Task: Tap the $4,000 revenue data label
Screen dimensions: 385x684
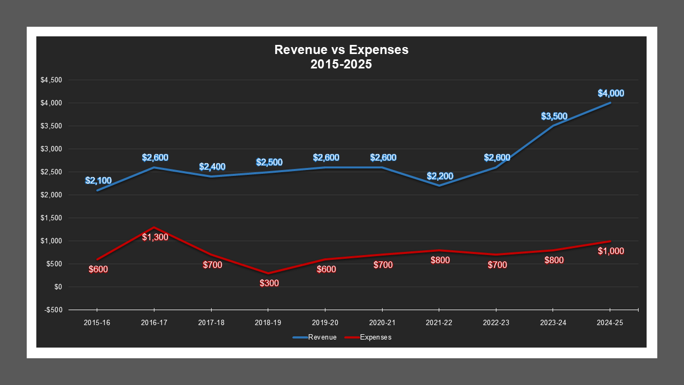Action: [611, 93]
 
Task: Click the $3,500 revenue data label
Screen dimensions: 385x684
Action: [554, 116]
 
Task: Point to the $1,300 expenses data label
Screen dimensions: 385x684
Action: [155, 236]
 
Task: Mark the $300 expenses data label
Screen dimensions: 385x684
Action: [269, 283]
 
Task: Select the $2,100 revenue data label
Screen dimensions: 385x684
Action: [98, 181]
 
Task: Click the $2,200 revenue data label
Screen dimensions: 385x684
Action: [440, 176]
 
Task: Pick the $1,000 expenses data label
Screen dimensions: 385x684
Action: [611, 251]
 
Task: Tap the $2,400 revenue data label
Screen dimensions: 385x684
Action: [212, 167]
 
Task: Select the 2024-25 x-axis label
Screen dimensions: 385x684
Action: [610, 323]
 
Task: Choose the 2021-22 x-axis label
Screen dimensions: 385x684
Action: [439, 323]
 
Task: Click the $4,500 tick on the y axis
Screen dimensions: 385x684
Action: [52, 80]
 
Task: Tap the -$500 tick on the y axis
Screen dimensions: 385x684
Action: [53, 310]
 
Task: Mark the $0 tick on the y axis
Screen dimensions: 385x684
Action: [58, 287]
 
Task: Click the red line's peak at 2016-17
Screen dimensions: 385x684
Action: [154, 227]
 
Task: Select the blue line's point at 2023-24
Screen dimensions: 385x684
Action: [553, 126]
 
